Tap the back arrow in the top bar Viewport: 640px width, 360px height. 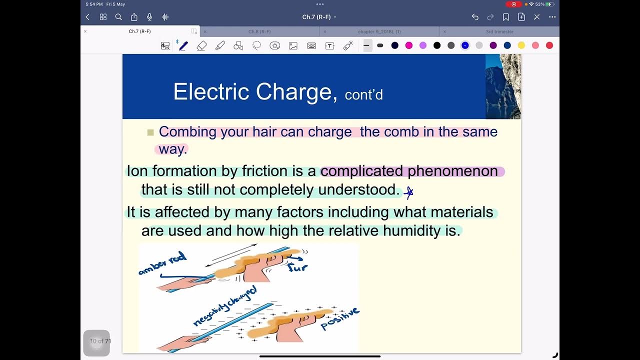[x=87, y=17]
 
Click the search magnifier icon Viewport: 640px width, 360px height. [x=118, y=17]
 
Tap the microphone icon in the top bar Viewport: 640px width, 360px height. [x=149, y=17]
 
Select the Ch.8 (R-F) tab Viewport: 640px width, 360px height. [x=259, y=31]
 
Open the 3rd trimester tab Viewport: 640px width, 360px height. [x=499, y=31]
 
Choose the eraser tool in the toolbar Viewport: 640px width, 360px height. [x=201, y=45]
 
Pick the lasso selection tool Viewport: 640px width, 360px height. [x=256, y=45]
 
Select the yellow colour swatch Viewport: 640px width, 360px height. [x=521, y=45]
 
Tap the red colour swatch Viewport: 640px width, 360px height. [x=549, y=45]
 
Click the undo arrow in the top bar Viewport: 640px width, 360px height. [x=475, y=17]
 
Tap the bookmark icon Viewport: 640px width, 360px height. [x=506, y=17]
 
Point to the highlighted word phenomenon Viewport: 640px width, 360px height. [x=452, y=171]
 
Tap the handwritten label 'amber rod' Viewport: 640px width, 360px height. [x=162, y=263]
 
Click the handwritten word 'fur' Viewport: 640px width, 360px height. [x=298, y=267]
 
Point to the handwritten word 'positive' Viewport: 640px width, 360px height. [x=340, y=318]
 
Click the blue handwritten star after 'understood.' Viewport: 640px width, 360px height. [x=409, y=192]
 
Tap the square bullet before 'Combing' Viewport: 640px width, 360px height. [x=150, y=132]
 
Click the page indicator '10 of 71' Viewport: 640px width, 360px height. [x=100, y=341]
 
